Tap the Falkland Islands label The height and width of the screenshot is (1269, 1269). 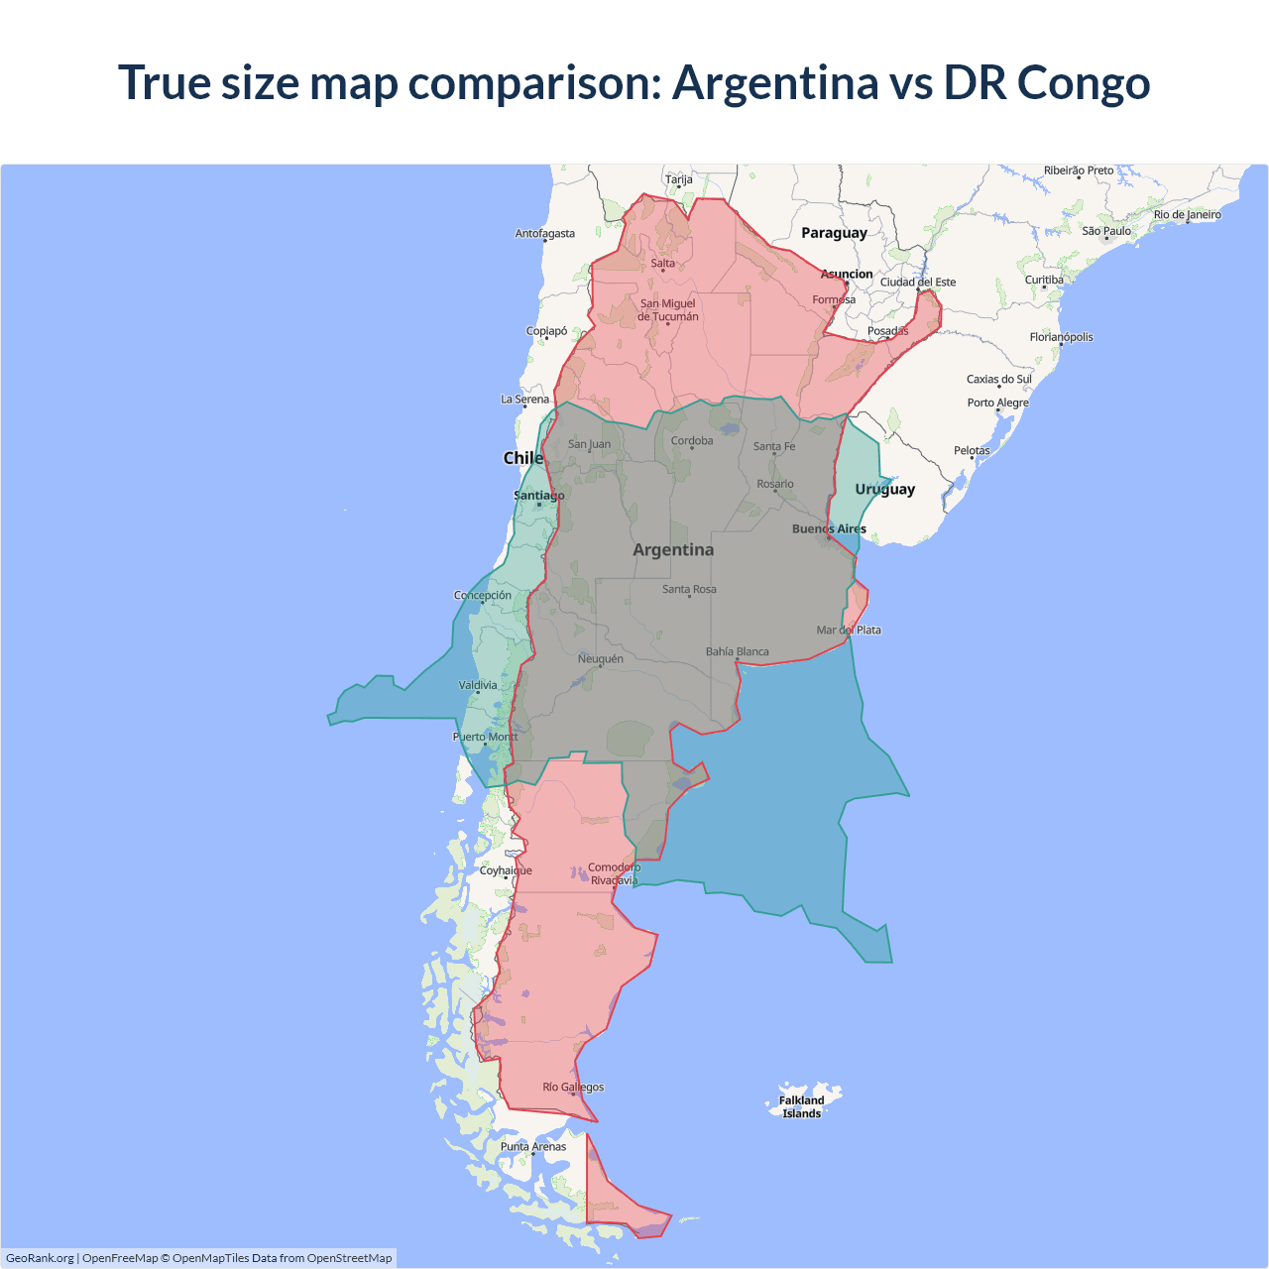[x=801, y=1106]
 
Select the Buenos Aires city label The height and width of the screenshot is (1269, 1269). [x=829, y=528]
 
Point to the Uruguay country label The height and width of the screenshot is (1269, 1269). [x=884, y=489]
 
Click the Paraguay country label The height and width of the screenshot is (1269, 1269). [x=834, y=233]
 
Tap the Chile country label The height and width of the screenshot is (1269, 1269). [x=522, y=458]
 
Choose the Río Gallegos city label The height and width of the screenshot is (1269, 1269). [x=573, y=1087]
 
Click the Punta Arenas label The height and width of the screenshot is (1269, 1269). [x=533, y=1146]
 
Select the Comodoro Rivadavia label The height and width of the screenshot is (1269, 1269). [x=614, y=873]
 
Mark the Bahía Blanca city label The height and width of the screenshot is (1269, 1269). [x=737, y=651]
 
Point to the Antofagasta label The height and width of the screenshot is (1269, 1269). [x=544, y=234]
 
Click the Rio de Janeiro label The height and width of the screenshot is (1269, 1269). [x=1187, y=214]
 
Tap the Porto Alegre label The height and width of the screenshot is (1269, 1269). [x=997, y=403]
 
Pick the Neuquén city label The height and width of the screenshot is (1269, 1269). [x=601, y=658]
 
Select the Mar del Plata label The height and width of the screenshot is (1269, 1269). [x=848, y=630]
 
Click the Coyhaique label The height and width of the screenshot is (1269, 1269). [x=506, y=870]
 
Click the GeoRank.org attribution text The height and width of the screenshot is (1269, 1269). [x=40, y=1258]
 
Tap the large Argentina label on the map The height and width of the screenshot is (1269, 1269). [x=673, y=549]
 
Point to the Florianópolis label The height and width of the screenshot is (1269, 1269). [x=1061, y=337]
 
